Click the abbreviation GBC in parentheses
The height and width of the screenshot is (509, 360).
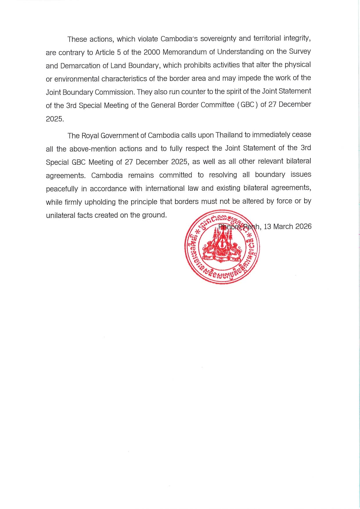pos(248,105)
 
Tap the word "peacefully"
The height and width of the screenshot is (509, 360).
pos(62,189)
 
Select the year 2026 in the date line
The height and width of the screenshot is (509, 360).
pos(303,226)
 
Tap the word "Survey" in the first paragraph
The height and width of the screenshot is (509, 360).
pos(300,52)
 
